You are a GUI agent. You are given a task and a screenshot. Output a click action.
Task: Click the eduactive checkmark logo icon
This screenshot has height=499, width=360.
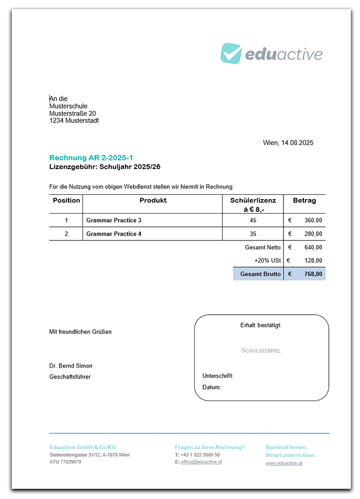[231, 54]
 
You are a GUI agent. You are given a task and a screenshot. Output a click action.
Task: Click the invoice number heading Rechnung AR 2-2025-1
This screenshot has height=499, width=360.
[91, 157]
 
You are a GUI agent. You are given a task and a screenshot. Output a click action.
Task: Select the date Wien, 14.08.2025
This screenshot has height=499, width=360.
[288, 142]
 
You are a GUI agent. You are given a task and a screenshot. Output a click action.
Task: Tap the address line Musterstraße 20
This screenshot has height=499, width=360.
[73, 114]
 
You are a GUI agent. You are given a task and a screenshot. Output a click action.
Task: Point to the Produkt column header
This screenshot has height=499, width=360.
[153, 200]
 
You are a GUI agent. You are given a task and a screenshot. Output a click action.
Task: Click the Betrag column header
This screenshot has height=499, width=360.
[304, 200]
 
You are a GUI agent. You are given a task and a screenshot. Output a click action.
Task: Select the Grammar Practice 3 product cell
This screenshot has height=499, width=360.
[114, 220]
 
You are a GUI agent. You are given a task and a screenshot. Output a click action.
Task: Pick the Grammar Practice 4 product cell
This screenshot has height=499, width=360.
[114, 234]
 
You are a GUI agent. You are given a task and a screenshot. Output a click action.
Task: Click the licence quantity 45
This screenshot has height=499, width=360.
[253, 220]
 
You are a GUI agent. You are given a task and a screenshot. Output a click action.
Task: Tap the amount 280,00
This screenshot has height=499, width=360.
[313, 234]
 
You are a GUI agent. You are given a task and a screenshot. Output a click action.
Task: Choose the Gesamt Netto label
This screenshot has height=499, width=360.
[263, 247]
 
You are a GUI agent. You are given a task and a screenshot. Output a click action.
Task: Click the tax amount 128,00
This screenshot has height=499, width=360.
[313, 261]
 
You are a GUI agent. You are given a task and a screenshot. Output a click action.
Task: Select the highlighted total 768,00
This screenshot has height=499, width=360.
[313, 274]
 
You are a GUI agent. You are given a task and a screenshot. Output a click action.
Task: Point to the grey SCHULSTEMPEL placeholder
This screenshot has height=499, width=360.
[261, 351]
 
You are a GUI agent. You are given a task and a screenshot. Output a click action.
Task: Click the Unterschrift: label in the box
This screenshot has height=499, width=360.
[218, 376]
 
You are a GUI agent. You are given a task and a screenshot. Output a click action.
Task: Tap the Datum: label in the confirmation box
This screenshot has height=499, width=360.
[211, 387]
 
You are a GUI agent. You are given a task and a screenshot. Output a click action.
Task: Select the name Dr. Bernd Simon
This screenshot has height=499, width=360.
[71, 366]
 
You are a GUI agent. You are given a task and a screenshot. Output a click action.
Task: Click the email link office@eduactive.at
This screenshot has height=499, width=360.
[201, 462]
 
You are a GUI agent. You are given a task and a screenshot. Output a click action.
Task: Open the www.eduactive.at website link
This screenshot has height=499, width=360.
[284, 463]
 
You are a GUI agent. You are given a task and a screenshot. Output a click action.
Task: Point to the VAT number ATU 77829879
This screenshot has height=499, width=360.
[66, 462]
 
